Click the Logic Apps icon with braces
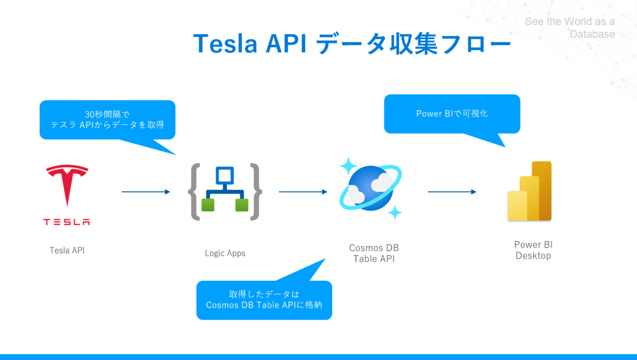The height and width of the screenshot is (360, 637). pyautogui.click(x=225, y=192)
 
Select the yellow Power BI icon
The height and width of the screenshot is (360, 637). pyautogui.click(x=530, y=191)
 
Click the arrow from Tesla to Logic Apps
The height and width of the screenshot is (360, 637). pyautogui.click(x=145, y=192)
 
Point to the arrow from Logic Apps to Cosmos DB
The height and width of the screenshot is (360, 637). pyautogui.click(x=303, y=192)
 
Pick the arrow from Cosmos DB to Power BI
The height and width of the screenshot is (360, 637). pyautogui.click(x=452, y=192)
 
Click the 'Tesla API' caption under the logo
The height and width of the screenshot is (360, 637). pyautogui.click(x=67, y=250)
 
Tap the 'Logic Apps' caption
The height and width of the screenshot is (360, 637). pyautogui.click(x=225, y=253)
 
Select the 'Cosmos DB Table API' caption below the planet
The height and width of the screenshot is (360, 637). pyautogui.click(x=374, y=253)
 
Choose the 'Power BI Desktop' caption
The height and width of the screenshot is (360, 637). pyautogui.click(x=533, y=250)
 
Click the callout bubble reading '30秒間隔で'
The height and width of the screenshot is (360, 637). pyautogui.click(x=107, y=120)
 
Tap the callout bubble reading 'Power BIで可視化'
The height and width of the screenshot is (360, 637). pyautogui.click(x=452, y=114)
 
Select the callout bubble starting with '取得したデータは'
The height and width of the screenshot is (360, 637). pyautogui.click(x=264, y=300)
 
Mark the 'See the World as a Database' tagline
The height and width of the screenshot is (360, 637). pyautogui.click(x=570, y=28)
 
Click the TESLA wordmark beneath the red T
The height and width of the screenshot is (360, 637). pyautogui.click(x=67, y=222)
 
